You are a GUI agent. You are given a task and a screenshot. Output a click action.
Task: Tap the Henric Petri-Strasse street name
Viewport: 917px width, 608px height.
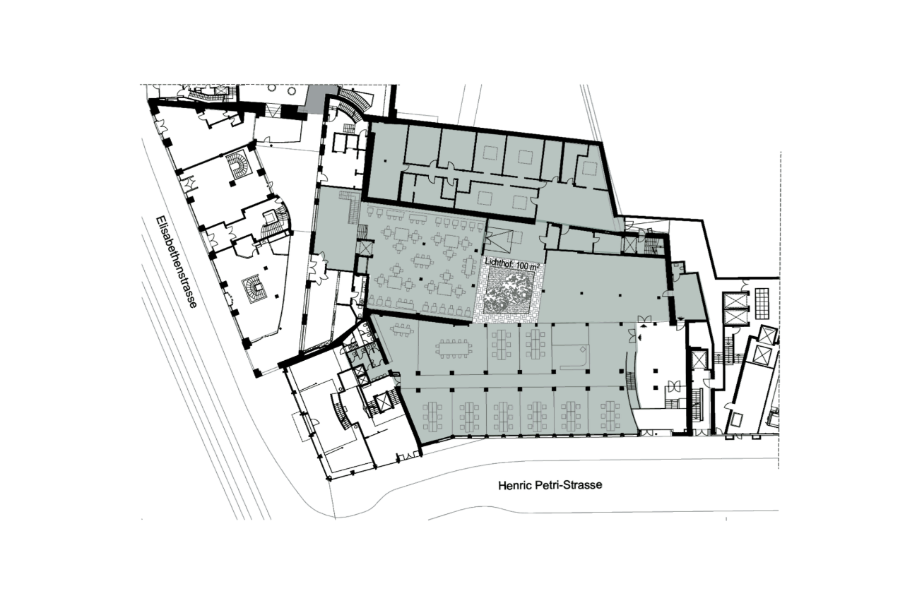coord(550,485)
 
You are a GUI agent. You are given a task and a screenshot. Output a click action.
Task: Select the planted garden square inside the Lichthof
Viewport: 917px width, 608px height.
coord(509,292)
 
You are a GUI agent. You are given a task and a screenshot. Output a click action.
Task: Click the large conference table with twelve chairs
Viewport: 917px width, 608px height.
coord(454,348)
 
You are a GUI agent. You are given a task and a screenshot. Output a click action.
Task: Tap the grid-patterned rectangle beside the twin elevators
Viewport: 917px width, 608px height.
coord(762,303)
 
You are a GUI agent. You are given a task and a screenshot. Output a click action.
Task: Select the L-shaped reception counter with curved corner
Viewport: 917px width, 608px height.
coord(575,357)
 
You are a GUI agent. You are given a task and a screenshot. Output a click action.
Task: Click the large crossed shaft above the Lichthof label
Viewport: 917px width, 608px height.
coord(498,242)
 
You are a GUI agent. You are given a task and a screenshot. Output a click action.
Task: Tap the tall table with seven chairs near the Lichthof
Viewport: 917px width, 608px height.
coord(468,266)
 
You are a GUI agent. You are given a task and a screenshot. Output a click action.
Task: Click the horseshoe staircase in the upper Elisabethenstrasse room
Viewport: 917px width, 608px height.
coord(237,163)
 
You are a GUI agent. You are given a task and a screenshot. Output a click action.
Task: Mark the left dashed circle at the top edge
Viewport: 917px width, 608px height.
coord(272,88)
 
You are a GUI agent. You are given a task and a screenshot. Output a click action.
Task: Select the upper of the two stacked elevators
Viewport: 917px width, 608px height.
coord(733,301)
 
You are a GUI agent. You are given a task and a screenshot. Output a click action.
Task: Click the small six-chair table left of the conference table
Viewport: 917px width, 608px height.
coord(401,329)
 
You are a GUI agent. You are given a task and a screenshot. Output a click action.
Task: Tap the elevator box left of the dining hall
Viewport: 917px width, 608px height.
coord(364,248)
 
